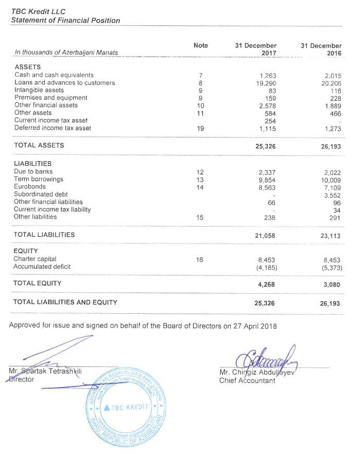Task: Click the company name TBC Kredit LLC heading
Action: click(36, 11)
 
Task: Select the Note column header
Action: click(201, 46)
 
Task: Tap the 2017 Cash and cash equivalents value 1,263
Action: click(268, 75)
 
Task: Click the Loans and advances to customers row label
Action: click(65, 83)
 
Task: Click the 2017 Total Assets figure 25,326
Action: click(266, 146)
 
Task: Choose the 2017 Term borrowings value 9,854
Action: click(268, 180)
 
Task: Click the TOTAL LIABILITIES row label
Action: click(45, 234)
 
